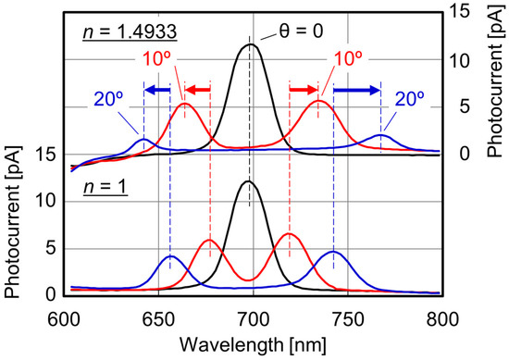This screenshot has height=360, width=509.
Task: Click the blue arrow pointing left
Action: point(156,90)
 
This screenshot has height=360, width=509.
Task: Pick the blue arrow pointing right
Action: point(357,90)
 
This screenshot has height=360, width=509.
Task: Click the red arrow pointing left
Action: point(196,90)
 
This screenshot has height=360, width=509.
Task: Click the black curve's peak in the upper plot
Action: point(250,44)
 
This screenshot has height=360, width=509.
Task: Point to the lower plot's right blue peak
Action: point(334,252)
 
